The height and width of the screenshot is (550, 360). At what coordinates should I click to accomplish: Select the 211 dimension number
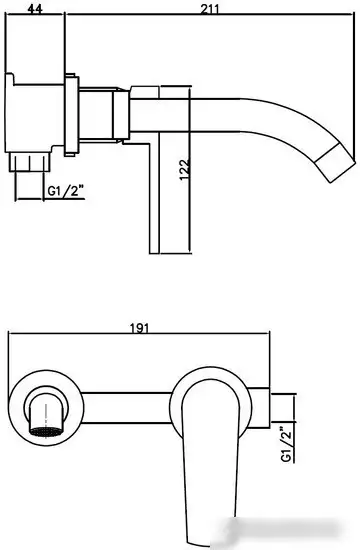[211, 8]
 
